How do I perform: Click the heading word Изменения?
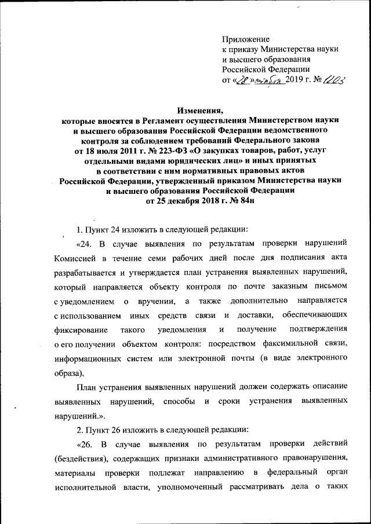[x=200, y=110]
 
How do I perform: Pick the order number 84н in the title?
[x=242, y=200]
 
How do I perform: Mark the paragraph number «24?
[x=86, y=241]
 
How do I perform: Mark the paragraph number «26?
[x=86, y=445]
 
